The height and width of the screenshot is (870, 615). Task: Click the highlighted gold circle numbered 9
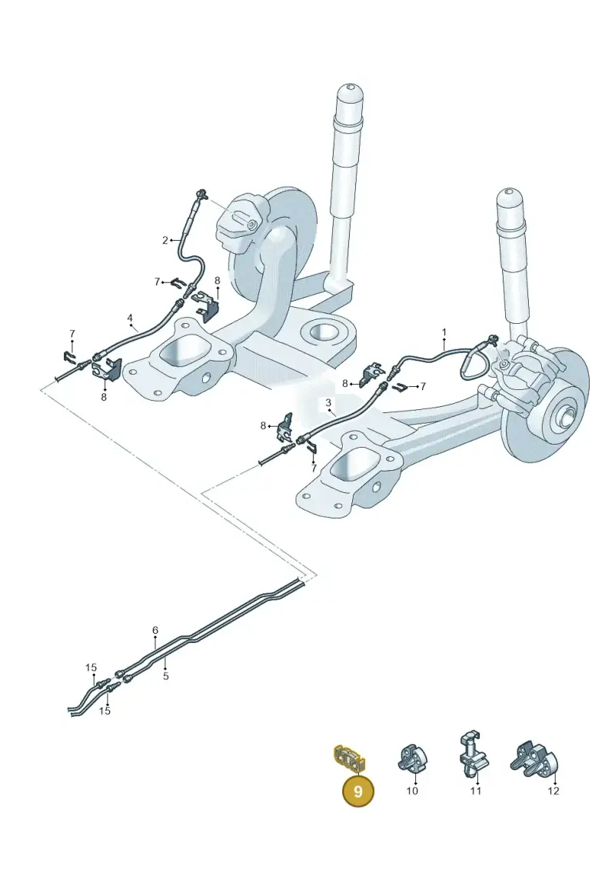357,791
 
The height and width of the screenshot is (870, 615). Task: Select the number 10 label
412,791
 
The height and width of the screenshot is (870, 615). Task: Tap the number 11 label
476,791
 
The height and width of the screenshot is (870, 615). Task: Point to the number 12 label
553,791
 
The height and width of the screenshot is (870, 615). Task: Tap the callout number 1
444,332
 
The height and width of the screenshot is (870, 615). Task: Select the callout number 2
165,240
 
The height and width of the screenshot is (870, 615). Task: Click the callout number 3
328,402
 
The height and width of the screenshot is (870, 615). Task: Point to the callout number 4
130,318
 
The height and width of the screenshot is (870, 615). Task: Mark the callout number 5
166,676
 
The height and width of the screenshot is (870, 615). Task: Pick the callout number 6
155,630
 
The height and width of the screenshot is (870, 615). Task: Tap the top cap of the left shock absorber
350,91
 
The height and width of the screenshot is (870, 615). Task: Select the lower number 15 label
105,711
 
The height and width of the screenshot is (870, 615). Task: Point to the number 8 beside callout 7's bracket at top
218,282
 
